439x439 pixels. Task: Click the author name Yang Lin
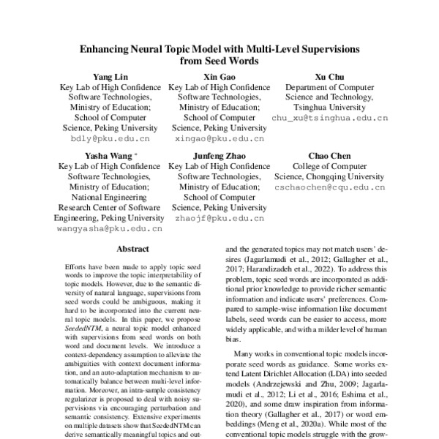click(x=110, y=77)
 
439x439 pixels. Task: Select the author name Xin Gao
click(x=219, y=77)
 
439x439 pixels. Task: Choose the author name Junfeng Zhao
click(x=219, y=156)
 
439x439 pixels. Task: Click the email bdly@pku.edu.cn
click(x=110, y=138)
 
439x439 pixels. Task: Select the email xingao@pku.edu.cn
click(x=219, y=138)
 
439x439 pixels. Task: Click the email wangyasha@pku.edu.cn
click(x=110, y=228)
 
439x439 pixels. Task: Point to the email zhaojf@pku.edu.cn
click(x=219, y=217)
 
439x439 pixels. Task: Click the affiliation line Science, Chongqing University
click(x=329, y=176)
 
